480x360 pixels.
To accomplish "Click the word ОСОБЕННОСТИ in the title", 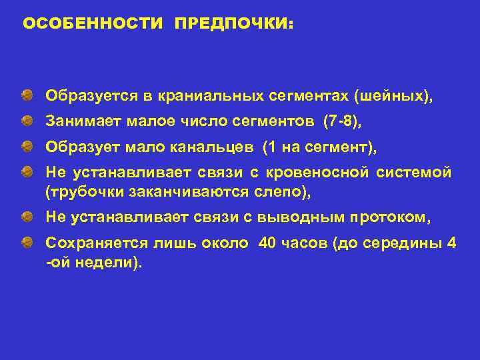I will point(93,24).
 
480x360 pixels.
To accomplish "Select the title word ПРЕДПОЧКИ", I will point(233,24).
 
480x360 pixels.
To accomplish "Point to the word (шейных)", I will point(393,97).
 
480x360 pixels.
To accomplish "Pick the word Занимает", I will point(77,122).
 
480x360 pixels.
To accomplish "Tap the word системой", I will point(413,173).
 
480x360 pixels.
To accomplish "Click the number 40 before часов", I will point(267,242).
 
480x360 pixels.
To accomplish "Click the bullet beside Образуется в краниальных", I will point(25,97).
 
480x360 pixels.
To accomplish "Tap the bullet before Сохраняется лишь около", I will point(25,242).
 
